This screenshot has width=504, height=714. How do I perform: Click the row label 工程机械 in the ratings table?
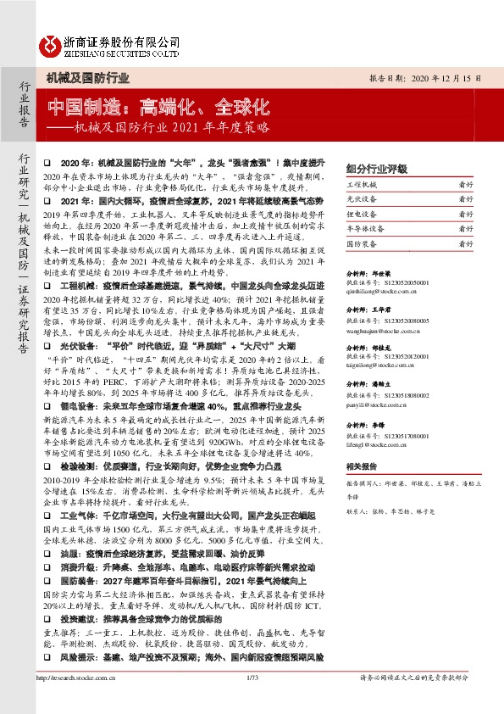362,183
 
